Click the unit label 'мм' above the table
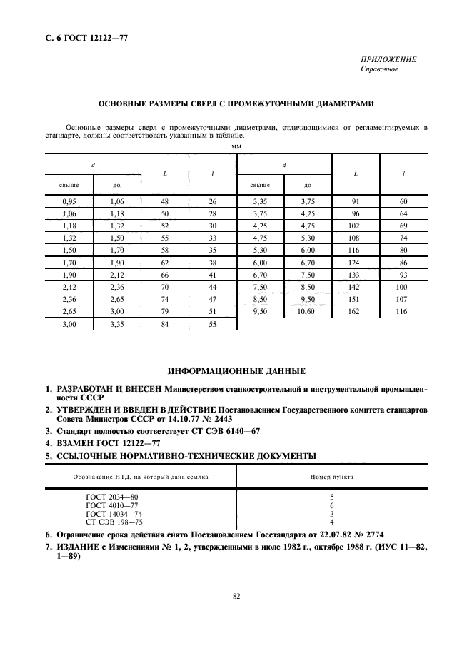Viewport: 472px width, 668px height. [237, 146]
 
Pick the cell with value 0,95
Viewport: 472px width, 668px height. [69, 202]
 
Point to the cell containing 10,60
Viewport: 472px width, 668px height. [308, 311]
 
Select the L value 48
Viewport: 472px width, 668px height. [165, 202]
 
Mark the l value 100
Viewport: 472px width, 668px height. [403, 287]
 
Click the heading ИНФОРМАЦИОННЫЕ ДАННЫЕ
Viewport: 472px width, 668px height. [236, 372]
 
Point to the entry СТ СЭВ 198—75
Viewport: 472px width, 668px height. [112, 521]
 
